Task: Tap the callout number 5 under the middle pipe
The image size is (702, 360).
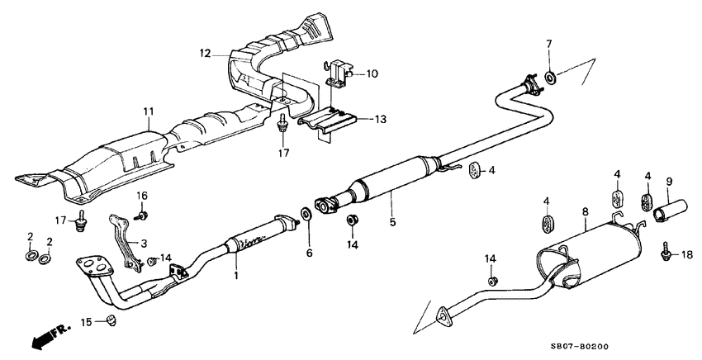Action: pos(392,221)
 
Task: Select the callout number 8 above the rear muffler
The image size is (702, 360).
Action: pos(585,212)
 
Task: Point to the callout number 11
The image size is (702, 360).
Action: pos(149,111)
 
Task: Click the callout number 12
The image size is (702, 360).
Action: pos(205,54)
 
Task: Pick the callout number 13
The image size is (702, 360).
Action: pos(379,119)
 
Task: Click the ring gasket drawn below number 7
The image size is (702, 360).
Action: pos(550,78)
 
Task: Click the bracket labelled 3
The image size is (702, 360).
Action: pos(122,239)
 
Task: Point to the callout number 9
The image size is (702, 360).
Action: pos(669,182)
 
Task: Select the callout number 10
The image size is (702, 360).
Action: pos(372,73)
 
